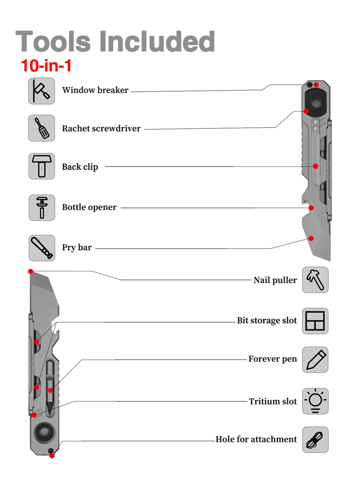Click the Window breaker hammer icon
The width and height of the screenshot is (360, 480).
tap(41, 91)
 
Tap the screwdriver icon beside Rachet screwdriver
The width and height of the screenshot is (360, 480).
tap(41, 128)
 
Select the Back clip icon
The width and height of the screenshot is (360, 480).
tap(42, 166)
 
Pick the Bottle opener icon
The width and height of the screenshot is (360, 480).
tap(42, 208)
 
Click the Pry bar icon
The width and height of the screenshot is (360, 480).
tap(42, 248)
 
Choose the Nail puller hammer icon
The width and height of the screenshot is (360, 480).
tap(315, 280)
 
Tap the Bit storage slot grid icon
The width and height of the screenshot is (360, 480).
tap(315, 321)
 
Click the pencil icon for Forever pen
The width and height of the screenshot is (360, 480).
tap(315, 360)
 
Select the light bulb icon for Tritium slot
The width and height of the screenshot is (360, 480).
tap(315, 401)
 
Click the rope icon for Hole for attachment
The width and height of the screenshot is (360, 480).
tap(315, 440)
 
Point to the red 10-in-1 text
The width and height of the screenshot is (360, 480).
tap(46, 65)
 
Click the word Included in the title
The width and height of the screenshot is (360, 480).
tap(157, 41)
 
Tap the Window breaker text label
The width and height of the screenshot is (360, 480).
tap(95, 90)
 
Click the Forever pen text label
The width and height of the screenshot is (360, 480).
tap(273, 359)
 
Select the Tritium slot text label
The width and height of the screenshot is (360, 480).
tap(273, 401)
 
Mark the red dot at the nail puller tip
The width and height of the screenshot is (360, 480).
tap(31, 271)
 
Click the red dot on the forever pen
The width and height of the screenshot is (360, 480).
tap(50, 390)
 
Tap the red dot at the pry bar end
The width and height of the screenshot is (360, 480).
tap(311, 238)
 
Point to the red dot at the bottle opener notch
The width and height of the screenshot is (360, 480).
tap(311, 208)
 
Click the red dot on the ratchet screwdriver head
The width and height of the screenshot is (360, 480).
tap(306, 111)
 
